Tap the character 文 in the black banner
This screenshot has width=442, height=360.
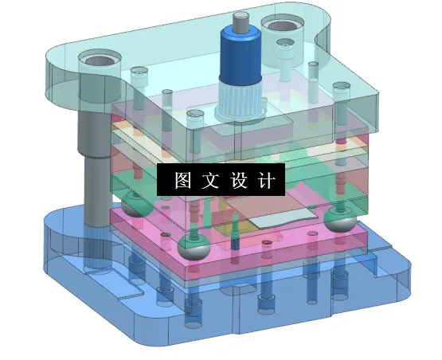(x=209, y=181)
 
